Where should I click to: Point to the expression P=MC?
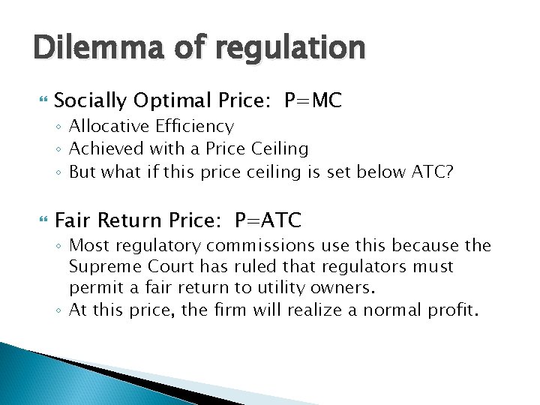pyautogui.click(x=313, y=100)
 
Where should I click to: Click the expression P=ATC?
pyautogui.click(x=268, y=220)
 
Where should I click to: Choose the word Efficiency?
pyautogui.click(x=197, y=127)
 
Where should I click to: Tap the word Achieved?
pyautogui.click(x=104, y=148)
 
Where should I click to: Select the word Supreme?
pyautogui.click(x=102, y=267)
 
